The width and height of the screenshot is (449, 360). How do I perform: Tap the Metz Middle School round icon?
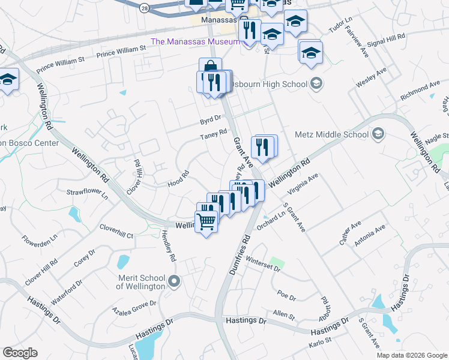378,133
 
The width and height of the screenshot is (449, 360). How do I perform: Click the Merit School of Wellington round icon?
174,281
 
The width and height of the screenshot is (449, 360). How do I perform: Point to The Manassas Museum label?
194,41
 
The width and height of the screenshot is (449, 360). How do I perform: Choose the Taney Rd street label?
214,135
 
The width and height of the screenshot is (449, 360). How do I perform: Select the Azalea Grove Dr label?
134,307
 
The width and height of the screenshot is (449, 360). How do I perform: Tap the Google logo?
20,353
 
